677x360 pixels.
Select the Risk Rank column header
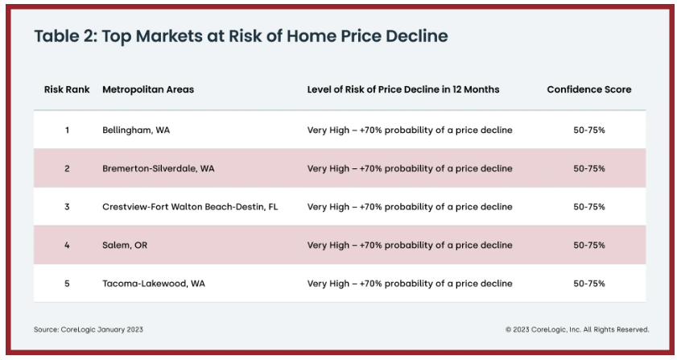[67, 89]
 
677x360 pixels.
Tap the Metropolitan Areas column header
[148, 89]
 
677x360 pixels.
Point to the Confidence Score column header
[589, 89]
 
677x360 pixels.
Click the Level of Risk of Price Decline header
[403, 89]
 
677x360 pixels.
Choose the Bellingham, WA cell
[136, 130]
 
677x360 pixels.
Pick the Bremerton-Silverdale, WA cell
[158, 168]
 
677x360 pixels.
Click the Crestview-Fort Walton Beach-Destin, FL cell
[190, 207]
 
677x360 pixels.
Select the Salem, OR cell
[125, 246]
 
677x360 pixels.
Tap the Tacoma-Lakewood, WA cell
[154, 284]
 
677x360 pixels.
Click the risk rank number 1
[67, 130]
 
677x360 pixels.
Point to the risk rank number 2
[67, 168]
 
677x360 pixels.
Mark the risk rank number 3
[67, 207]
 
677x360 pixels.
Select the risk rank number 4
[67, 246]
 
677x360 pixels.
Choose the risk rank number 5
[67, 284]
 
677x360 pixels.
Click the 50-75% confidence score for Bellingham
[589, 130]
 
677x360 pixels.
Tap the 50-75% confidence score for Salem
[589, 246]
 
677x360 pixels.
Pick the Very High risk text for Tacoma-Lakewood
[410, 284]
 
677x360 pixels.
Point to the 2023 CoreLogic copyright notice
[577, 329]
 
